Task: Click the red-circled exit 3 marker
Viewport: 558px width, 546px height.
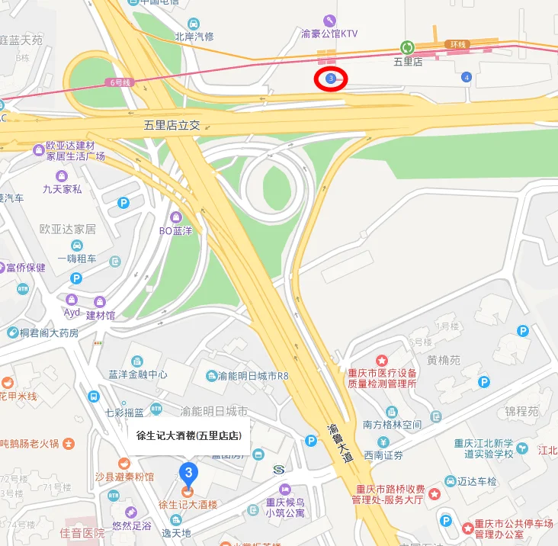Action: [331, 79]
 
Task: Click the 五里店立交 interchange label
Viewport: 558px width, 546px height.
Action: [172, 124]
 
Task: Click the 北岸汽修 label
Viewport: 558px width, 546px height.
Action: [194, 36]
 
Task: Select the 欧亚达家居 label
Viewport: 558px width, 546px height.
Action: [68, 229]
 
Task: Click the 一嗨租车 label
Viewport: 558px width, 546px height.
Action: [76, 259]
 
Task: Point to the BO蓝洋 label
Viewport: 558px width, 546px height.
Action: [177, 230]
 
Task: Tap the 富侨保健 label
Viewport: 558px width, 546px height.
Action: [26, 268]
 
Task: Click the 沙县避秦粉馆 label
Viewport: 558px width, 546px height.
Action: [124, 477]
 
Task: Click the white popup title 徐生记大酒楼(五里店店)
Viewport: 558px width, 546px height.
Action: [188, 436]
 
